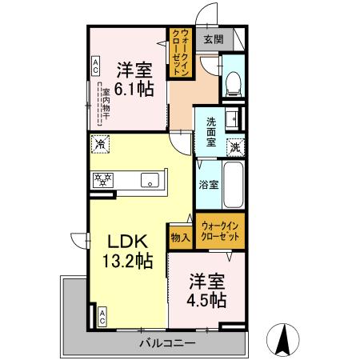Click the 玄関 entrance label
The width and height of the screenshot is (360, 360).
click(x=213, y=38)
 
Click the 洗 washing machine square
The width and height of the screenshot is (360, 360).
click(x=235, y=146)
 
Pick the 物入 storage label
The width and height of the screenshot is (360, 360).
click(x=180, y=237)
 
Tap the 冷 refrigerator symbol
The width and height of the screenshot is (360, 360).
click(x=100, y=145)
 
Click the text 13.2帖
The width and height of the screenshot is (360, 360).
click(x=127, y=261)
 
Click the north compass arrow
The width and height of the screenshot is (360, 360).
click(x=283, y=339)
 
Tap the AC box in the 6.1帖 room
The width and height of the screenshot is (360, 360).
click(x=95, y=65)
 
